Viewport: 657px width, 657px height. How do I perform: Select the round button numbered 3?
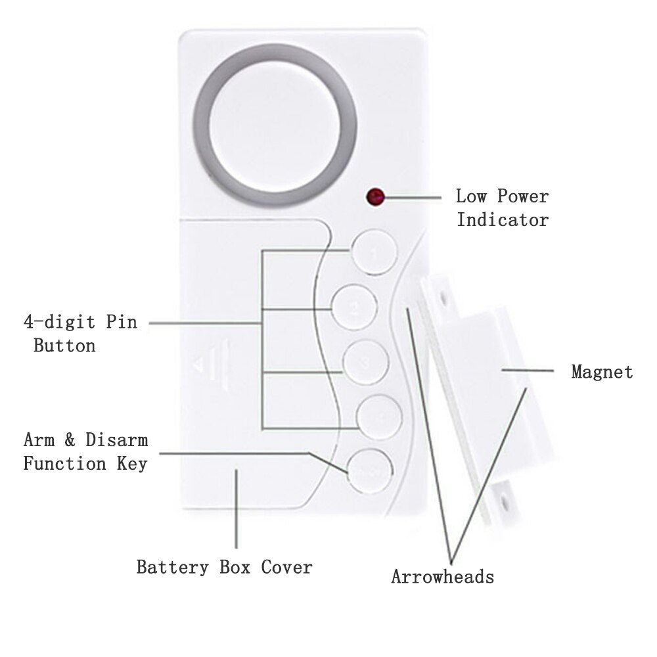tap(365, 363)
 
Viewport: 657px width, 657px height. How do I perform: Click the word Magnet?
tap(602, 372)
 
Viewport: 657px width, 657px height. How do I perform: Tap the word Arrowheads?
tap(442, 577)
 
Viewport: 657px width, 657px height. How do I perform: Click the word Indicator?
tap(503, 219)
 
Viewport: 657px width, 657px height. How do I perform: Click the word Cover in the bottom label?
tap(286, 566)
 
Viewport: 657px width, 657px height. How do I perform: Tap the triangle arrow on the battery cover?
tap(196, 362)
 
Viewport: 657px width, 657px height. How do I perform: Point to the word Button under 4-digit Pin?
tap(64, 345)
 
